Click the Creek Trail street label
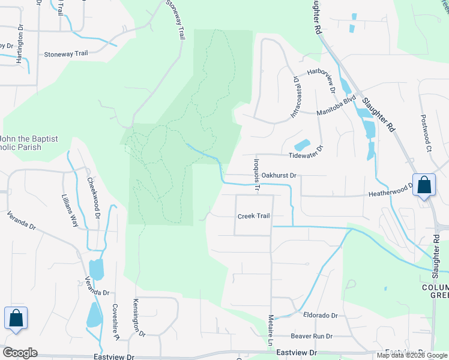click(254, 216)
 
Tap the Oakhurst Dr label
click(279, 175)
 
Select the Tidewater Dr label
click(306, 154)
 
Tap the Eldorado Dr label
click(321, 315)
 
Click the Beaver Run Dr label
click(312, 337)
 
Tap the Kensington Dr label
click(139, 318)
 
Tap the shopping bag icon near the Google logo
click(16, 318)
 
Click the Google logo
click(20, 353)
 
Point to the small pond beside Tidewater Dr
click(302, 145)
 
